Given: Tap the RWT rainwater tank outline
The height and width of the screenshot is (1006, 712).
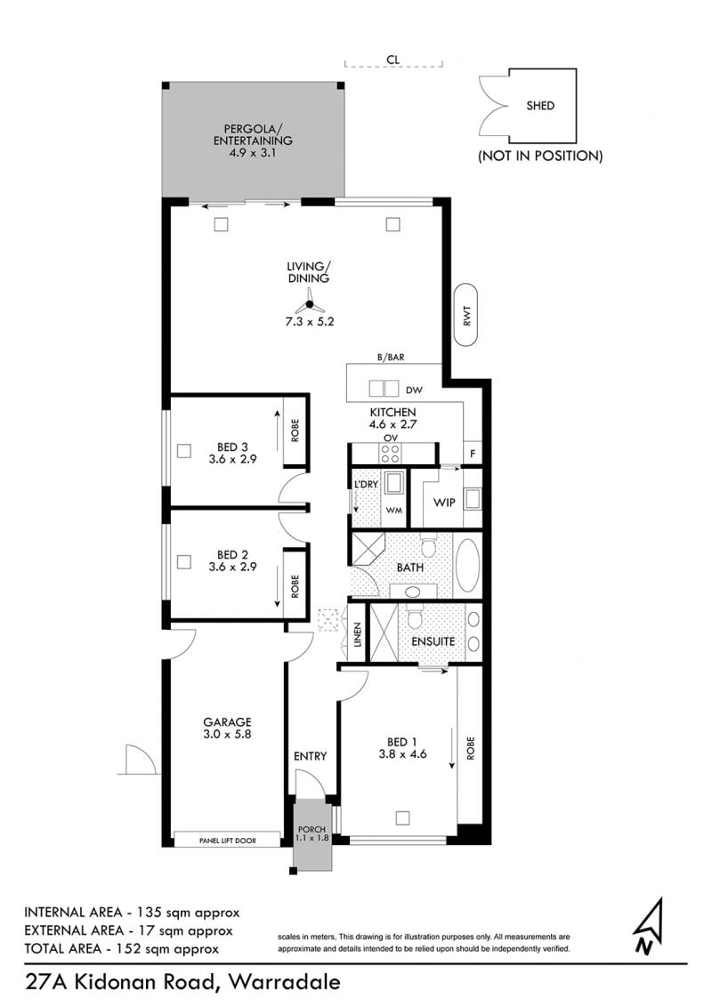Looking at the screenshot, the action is pos(466,316).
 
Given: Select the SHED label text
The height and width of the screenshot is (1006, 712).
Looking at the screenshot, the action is pos(540,106).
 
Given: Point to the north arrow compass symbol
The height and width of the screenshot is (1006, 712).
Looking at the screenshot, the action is pos(649,925).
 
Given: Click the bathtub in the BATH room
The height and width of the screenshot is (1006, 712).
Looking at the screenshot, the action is pos(466,565).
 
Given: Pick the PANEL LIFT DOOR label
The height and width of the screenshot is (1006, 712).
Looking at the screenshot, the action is pos(228,841).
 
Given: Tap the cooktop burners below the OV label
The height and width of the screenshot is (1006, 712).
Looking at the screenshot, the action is pos(391,454).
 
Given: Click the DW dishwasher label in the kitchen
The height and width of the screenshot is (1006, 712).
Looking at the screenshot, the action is pos(414,390).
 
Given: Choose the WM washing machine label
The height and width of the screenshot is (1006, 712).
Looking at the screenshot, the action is pos(393,510).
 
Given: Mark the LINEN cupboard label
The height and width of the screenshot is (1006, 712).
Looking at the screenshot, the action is pos(359,634).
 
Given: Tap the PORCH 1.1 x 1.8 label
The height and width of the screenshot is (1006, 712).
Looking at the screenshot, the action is pos(312,833).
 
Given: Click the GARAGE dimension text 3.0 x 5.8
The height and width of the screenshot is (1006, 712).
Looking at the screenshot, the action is pos(227,735).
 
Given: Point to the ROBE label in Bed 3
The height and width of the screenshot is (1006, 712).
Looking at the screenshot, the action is pos(295,431).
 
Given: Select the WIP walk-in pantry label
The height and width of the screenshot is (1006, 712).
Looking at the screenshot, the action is pos(443,503).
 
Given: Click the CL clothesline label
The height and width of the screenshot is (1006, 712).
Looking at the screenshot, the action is pos(392,60).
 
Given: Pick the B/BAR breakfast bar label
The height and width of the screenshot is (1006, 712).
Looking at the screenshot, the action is pos(391,358).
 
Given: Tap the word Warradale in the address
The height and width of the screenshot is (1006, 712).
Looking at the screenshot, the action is pos(285,982).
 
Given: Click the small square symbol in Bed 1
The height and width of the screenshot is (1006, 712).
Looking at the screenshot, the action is pos(402,818).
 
